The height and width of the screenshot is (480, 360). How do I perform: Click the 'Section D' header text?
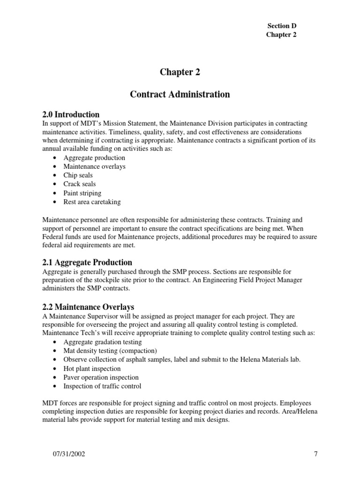click(281, 26)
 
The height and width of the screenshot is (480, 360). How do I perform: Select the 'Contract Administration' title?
click(180, 94)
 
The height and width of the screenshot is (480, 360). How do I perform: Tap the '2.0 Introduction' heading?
click(71, 114)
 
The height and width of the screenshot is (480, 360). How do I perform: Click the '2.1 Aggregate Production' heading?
click(87, 262)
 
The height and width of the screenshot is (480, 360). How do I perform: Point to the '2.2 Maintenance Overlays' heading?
click(88, 307)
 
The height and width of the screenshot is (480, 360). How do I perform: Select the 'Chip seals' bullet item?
click(78, 175)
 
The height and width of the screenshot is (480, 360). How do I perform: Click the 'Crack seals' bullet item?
click(80, 184)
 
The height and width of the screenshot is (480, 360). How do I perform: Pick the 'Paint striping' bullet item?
click(82, 193)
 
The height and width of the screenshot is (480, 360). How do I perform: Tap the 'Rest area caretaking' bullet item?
click(92, 202)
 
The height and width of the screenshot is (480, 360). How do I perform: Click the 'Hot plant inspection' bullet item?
click(92, 369)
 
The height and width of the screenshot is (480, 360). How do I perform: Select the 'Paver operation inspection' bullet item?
click(101, 378)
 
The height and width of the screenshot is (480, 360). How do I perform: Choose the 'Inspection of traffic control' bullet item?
click(102, 387)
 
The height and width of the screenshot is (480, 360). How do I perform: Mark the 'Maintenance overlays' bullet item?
click(94, 166)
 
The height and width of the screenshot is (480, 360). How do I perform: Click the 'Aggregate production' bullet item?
click(94, 157)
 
